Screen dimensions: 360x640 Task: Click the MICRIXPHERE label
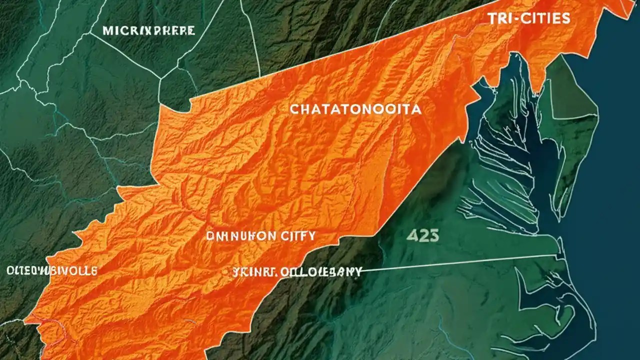click(x=148, y=31)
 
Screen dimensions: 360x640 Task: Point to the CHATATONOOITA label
click(x=355, y=109)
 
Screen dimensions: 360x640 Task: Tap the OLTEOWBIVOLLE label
click(x=51, y=271)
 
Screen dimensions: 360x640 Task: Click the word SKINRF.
click(x=250, y=273)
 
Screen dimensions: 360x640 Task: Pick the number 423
click(x=422, y=235)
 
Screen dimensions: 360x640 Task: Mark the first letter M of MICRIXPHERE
click(x=107, y=31)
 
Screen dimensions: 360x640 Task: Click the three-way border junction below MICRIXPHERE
click(x=161, y=78)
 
